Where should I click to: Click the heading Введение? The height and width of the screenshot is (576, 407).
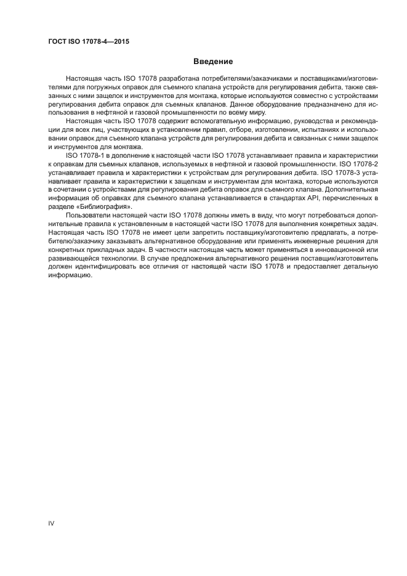click(212, 62)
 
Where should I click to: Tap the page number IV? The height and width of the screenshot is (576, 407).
click(52, 522)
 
